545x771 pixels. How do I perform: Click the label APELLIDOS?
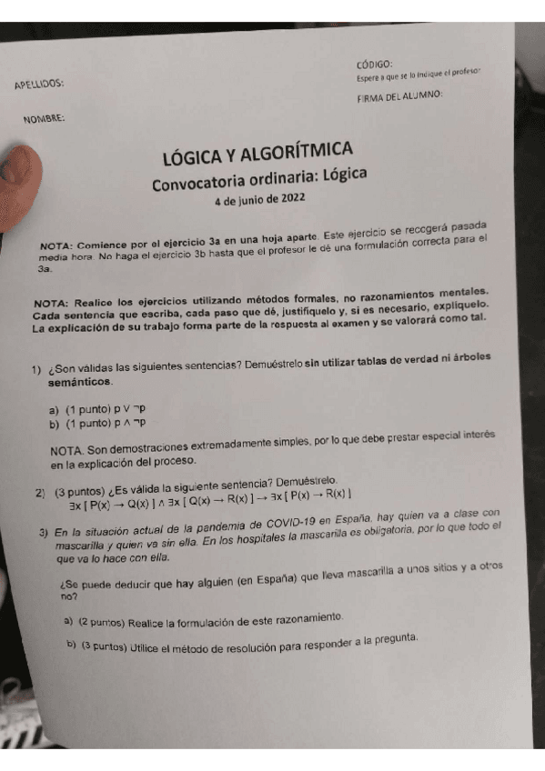39,85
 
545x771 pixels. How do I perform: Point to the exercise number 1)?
36,369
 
